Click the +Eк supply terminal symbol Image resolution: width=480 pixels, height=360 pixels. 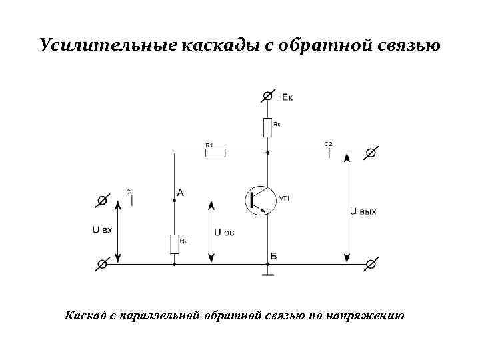[267, 97]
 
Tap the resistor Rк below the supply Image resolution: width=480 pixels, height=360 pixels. [267, 125]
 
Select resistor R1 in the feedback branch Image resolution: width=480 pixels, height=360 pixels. [215, 153]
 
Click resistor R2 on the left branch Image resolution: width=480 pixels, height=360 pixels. [174, 244]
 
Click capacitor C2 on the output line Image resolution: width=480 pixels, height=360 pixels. [328, 153]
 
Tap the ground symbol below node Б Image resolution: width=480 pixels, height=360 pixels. [267, 273]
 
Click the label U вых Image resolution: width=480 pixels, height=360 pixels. [363, 212]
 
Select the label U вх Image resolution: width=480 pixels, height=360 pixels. [102, 229]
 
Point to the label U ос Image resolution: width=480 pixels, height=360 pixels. [224, 233]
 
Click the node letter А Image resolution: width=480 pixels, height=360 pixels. [180, 193]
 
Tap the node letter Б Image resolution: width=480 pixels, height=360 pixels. [273, 256]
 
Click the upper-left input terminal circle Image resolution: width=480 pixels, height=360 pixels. [103, 199]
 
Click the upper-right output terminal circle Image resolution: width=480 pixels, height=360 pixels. [371, 153]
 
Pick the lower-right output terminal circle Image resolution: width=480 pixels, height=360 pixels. [371, 264]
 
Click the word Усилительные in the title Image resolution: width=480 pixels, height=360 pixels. [107, 46]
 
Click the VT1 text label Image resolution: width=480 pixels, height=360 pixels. [285, 198]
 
